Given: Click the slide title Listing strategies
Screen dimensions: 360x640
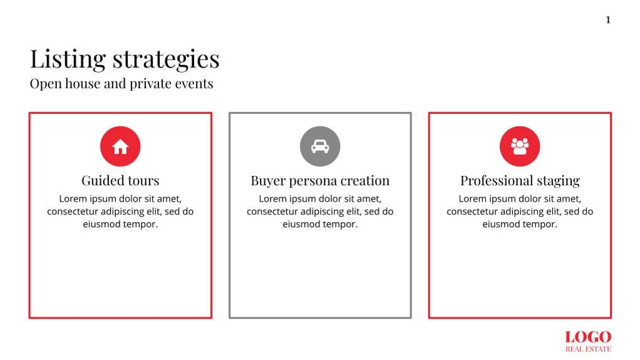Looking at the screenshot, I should tap(125, 59).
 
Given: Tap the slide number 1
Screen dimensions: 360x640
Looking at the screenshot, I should tap(607, 20).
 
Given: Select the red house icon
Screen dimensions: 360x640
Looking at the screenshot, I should tap(120, 147).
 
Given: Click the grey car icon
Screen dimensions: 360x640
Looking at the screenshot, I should tap(320, 147).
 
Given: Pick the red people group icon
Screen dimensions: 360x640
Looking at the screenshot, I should tap(520, 147).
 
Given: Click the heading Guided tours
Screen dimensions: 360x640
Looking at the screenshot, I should tap(120, 181).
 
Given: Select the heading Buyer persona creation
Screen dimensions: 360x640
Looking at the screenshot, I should tap(320, 181).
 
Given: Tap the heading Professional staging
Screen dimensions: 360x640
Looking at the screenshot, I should tap(520, 181).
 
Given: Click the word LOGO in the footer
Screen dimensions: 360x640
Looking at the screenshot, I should tap(588, 337).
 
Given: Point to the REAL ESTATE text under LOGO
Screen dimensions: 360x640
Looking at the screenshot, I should tap(588, 349).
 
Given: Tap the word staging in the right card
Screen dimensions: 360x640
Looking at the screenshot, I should tap(557, 182).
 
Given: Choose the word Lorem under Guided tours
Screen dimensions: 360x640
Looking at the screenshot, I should tap(73, 199).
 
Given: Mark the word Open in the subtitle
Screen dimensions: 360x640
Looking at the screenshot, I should tap(43, 84).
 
